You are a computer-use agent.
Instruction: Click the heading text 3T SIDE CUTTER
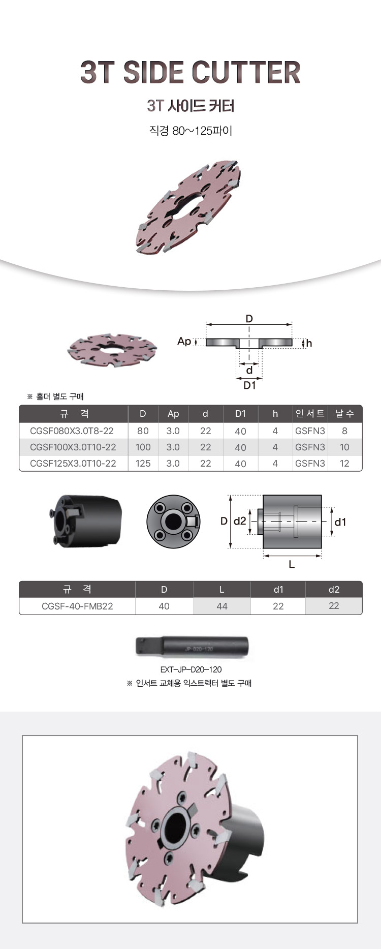pyautogui.click(x=190, y=72)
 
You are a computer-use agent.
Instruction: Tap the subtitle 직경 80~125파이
pyautogui.click(x=190, y=131)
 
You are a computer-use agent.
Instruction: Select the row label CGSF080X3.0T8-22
pyautogui.click(x=72, y=431)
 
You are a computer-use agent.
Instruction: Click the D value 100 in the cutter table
pyautogui.click(x=143, y=447)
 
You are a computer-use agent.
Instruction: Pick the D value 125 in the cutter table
pyautogui.click(x=143, y=463)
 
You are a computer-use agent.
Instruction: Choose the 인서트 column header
pyautogui.click(x=310, y=413)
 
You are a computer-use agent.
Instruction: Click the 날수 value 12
pyautogui.click(x=344, y=463)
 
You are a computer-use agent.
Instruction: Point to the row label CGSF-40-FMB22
pyautogui.click(x=77, y=606)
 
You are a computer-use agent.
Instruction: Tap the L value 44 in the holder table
pyautogui.click(x=222, y=606)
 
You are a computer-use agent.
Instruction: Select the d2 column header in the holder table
pyautogui.click(x=334, y=589)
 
